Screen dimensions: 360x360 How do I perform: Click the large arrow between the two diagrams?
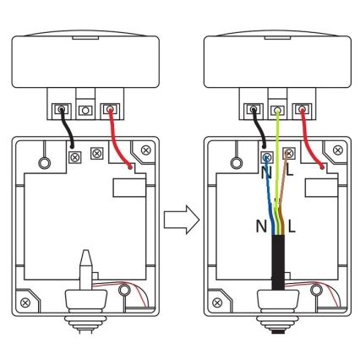[182, 220]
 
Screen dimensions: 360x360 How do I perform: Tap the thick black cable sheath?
[278, 263]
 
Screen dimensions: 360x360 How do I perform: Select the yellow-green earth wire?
[277, 172]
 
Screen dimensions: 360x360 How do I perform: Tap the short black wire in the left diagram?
[68, 128]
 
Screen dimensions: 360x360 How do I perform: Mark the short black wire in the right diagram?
[259, 128]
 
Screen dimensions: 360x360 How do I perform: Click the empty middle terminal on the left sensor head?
[85, 110]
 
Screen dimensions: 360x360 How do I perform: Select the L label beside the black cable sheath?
[292, 226]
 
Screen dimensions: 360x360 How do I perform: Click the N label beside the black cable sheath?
[261, 226]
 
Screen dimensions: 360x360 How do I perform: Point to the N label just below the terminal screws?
[266, 172]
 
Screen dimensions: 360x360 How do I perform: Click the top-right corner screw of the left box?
[146, 150]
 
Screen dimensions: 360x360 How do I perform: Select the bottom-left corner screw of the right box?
[217, 303]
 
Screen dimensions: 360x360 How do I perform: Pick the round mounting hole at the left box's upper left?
[44, 163]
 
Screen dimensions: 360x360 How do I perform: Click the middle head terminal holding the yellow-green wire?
[277, 110]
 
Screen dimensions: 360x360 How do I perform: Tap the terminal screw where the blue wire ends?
[267, 157]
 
